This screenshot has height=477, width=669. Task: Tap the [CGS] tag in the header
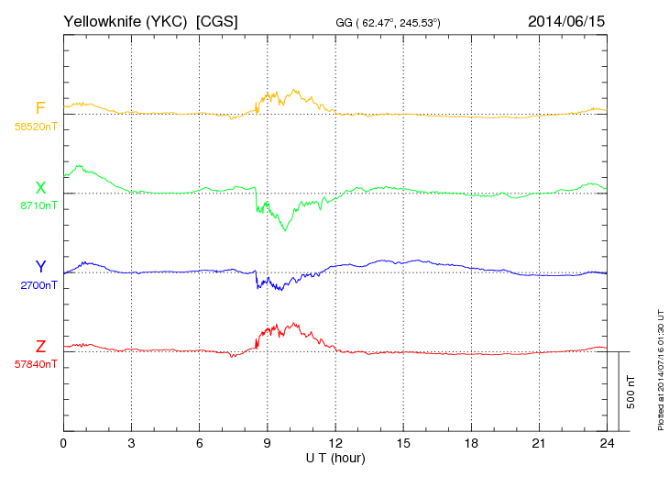pos(217,20)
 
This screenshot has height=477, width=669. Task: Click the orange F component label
pos(40,109)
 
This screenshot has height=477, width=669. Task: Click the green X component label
pos(40,188)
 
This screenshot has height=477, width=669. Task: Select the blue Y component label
pos(40,267)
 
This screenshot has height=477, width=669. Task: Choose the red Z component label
pos(40,346)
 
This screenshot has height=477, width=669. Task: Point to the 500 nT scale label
pos(631,392)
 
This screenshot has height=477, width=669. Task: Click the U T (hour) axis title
pos(334,458)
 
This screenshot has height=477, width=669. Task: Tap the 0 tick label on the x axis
pos(63,443)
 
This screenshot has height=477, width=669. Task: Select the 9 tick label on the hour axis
pos(268,443)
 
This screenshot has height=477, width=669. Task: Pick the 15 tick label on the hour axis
pos(403,443)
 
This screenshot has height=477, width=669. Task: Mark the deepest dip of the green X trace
pos(284,230)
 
